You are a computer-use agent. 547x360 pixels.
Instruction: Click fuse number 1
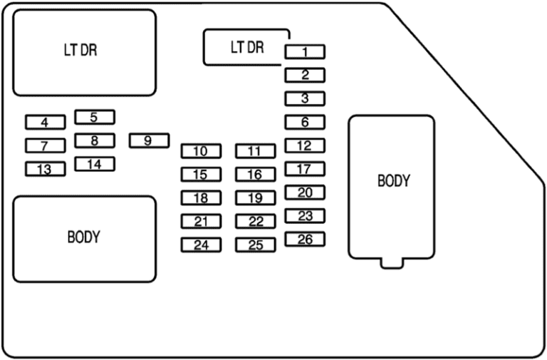click(305, 51)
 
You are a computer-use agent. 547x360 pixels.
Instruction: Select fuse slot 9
click(150, 140)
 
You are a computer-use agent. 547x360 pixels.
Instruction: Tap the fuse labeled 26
click(305, 240)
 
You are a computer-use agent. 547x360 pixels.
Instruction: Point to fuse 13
click(46, 169)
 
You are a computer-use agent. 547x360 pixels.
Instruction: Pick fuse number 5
click(95, 117)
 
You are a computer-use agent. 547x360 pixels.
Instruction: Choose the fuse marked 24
click(201, 245)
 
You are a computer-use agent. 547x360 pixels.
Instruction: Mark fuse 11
click(256, 151)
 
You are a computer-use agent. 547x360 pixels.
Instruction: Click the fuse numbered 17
click(305, 169)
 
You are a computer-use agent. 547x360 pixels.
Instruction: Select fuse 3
click(305, 98)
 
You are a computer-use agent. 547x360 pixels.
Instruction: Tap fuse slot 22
click(256, 222)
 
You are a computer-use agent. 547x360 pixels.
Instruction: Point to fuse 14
click(95, 164)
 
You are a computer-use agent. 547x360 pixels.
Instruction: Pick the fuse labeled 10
click(201, 151)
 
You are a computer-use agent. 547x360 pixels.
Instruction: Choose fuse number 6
click(305, 122)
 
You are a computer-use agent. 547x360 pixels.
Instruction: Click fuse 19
click(256, 198)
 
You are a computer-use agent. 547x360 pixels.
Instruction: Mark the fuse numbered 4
click(46, 122)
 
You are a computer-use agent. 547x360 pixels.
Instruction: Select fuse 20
click(305, 192)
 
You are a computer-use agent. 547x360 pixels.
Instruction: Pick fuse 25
click(256, 245)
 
